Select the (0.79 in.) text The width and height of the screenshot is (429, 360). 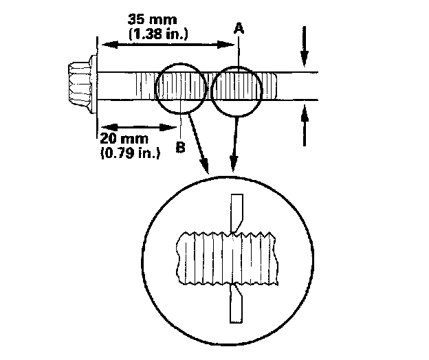pos(131,153)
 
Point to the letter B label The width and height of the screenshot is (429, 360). pos(181,146)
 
